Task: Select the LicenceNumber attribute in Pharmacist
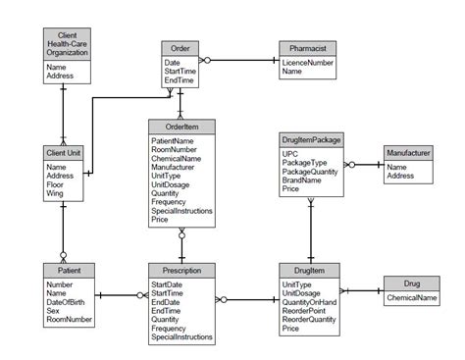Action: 307,62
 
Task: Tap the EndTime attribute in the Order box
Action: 180,79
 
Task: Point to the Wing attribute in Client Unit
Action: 55,193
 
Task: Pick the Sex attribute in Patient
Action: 54,310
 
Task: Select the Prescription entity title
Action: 181,270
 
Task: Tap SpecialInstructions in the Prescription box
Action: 182,336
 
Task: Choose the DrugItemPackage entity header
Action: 311,140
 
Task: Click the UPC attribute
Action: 291,154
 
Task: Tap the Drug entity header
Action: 412,283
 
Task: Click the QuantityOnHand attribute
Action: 311,302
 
